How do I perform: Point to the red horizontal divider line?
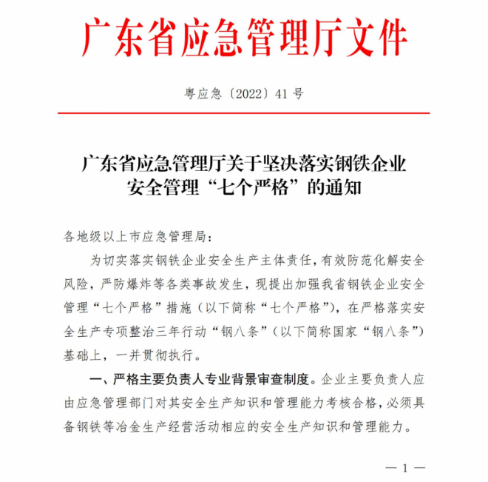point(243,114)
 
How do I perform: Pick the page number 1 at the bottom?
point(405,466)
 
